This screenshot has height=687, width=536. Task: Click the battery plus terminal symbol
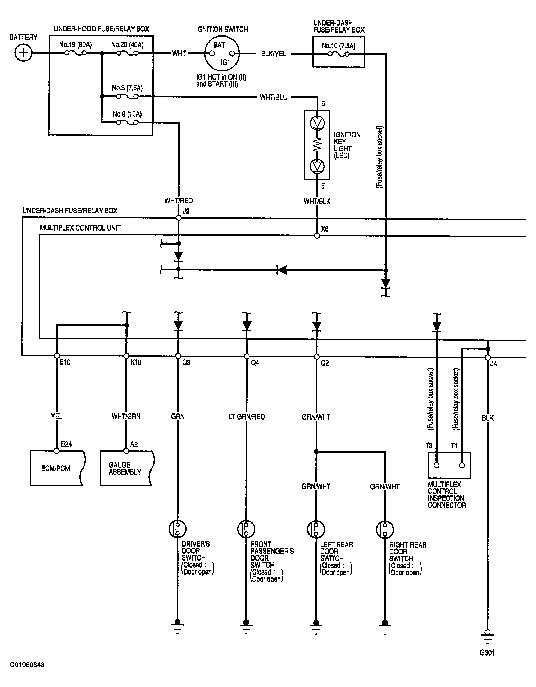24,53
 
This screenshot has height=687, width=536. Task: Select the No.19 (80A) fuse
75,53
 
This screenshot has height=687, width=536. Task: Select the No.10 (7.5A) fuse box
338,52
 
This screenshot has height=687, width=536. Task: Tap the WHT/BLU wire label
274,97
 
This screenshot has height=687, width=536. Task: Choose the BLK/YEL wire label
274,54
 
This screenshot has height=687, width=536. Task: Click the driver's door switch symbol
178,529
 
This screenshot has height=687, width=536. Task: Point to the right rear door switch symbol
385,529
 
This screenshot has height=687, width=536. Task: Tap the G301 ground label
487,653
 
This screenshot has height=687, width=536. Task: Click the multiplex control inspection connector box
449,466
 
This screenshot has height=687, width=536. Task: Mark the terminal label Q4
255,363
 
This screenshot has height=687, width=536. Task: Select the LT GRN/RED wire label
246,417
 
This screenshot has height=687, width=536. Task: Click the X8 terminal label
325,229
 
